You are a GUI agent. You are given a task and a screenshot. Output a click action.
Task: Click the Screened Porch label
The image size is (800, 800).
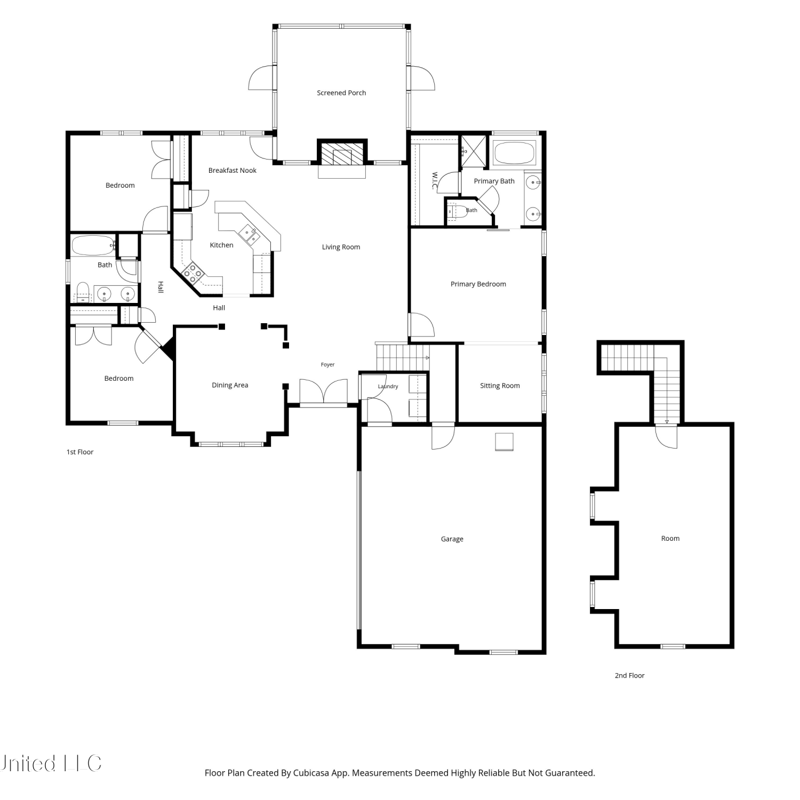pos(341,93)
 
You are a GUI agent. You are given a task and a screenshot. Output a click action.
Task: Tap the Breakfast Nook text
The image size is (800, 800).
pos(233,171)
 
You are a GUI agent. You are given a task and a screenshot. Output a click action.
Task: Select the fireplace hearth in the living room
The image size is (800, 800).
pos(342,171)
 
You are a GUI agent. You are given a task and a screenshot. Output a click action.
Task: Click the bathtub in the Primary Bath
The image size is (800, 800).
pos(515,153)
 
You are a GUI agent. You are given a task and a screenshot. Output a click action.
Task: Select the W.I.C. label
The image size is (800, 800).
pos(435,180)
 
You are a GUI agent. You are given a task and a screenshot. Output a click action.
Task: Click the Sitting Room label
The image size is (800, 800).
pos(500,386)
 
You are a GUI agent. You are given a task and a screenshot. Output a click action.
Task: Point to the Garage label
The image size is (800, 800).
pos(452,539)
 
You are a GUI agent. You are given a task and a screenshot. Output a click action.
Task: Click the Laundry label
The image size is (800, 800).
pos(388,387)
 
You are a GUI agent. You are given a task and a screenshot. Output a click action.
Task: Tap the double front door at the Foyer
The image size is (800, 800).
pos(324,392)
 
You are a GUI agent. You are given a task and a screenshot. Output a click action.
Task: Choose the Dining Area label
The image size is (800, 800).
pos(230,385)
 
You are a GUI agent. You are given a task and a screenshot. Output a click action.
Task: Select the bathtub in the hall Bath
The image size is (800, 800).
pos(93,246)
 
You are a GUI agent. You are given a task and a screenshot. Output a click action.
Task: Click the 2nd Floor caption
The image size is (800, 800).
pos(630,676)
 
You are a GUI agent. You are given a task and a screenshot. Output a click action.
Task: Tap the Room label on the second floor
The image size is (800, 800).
pos(670,539)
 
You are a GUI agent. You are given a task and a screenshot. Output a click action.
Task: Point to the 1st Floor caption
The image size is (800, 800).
pos(80,452)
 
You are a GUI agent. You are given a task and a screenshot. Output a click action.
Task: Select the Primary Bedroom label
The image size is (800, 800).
pos(478,284)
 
